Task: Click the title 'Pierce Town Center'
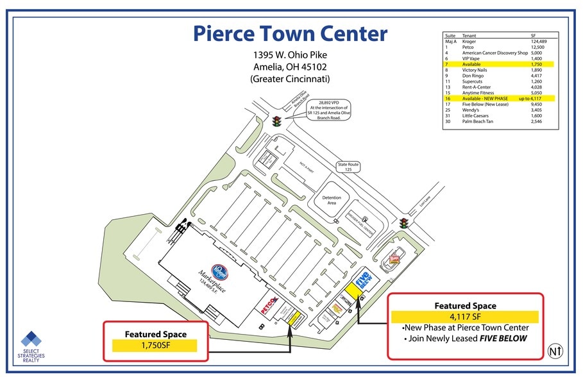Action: coord(291,33)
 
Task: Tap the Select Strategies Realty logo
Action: coord(30,347)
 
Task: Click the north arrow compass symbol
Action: coord(555,351)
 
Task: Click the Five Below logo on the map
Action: coord(364,280)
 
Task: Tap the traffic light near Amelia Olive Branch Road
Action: coord(277,121)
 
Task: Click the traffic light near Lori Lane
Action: coord(404,223)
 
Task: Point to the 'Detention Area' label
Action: coord(332,201)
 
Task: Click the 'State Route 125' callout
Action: coord(349,167)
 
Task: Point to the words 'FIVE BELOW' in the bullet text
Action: coord(504,339)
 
